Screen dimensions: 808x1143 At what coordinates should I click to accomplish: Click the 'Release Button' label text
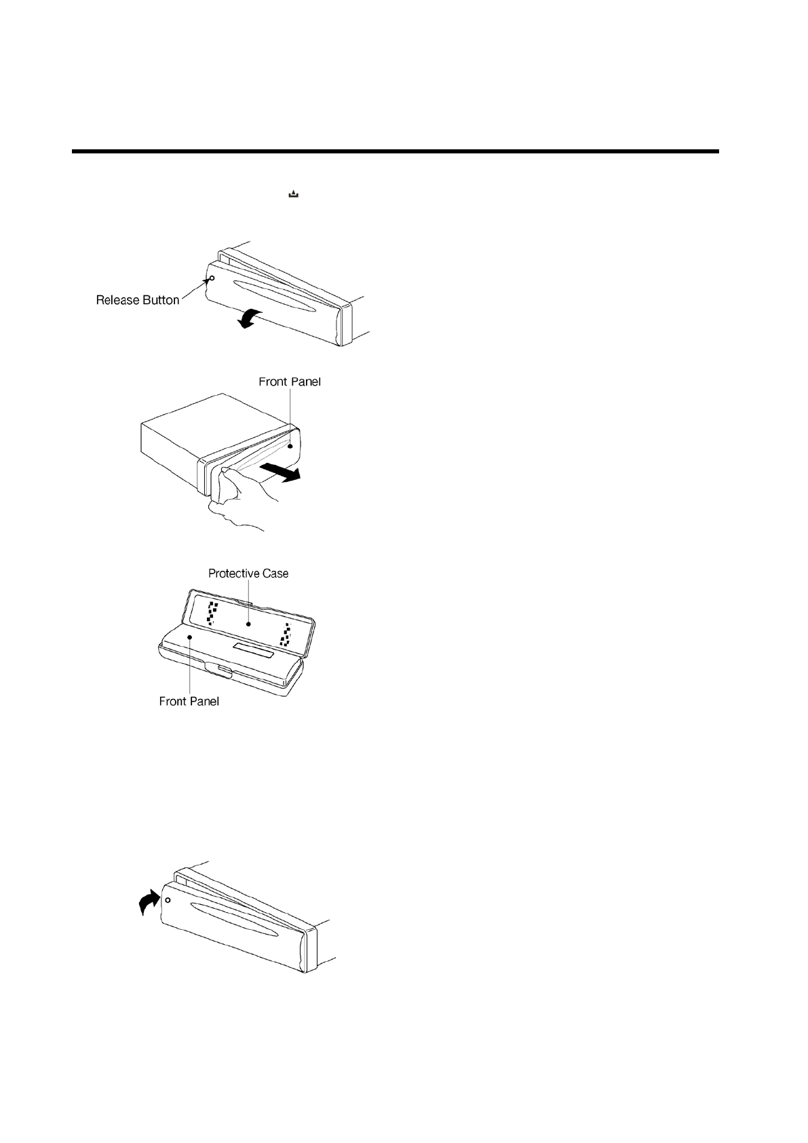point(138,300)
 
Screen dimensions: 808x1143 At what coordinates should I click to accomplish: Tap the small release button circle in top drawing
point(212,278)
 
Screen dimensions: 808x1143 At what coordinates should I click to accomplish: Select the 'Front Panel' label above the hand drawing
point(290,382)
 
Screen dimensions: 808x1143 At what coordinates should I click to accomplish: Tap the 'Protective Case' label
point(248,574)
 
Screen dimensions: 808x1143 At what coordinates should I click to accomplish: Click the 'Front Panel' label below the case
point(189,701)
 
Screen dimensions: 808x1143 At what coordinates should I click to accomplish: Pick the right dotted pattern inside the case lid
point(288,635)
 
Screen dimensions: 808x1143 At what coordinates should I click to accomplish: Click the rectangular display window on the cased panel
point(253,652)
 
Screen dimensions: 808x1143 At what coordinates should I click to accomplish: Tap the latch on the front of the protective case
point(220,673)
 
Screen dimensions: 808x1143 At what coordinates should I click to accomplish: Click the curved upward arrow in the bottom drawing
point(148,903)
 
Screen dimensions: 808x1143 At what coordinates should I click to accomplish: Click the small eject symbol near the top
point(294,195)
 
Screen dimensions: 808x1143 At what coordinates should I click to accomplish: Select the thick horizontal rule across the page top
point(395,151)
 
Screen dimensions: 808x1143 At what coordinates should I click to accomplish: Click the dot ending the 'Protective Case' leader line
point(250,622)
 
